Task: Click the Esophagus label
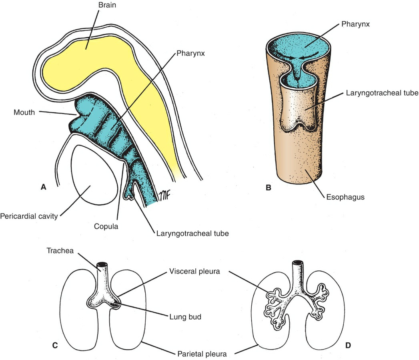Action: pyautogui.click(x=343, y=197)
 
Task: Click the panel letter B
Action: pyautogui.click(x=269, y=186)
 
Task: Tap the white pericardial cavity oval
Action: pyautogui.click(x=94, y=176)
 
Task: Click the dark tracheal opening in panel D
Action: pyautogui.click(x=297, y=264)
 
